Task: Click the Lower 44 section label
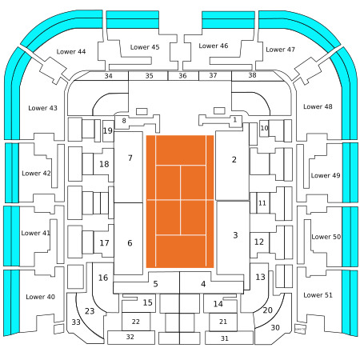(71, 51)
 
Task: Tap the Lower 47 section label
(280, 50)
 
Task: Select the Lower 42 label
(36, 174)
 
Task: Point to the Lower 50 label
(326, 237)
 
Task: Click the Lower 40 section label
(40, 297)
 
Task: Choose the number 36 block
(183, 76)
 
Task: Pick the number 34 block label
(108, 76)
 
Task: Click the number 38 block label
(252, 75)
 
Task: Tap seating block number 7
(128, 166)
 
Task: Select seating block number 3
(233, 238)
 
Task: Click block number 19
(108, 131)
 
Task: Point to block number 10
(264, 128)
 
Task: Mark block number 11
(263, 203)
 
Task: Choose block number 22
(136, 322)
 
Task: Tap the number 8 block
(124, 121)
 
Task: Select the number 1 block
(234, 120)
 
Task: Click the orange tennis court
(180, 202)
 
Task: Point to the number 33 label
(76, 322)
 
